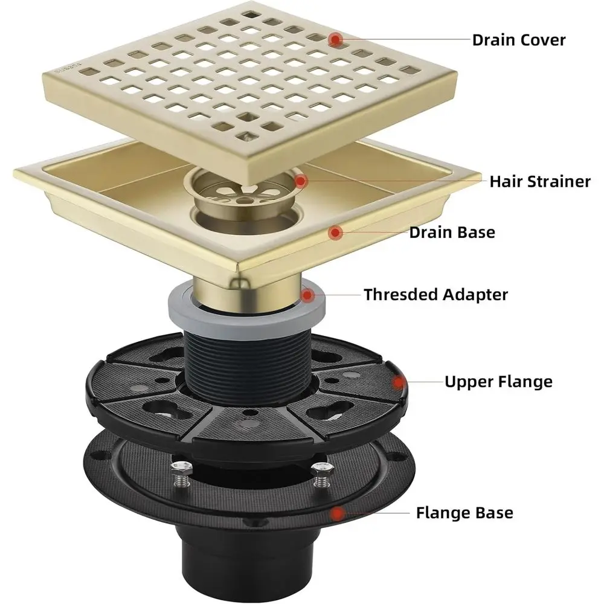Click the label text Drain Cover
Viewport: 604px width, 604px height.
(x=518, y=40)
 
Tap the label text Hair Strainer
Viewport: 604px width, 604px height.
(x=539, y=181)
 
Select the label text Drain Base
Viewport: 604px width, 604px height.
(x=452, y=232)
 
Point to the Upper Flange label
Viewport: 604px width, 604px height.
(x=498, y=382)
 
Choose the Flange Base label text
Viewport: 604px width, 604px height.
(x=464, y=513)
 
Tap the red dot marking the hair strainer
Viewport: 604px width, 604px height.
(x=301, y=180)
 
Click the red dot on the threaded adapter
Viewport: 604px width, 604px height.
(x=309, y=295)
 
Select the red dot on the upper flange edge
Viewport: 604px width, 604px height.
(x=399, y=381)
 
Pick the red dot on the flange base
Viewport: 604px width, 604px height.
(x=338, y=513)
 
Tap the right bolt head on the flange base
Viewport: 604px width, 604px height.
(x=320, y=467)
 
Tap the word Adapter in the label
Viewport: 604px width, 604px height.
(x=477, y=295)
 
